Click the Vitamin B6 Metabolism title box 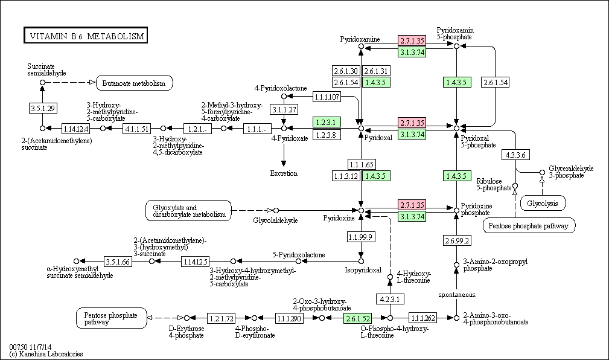coord(86,36)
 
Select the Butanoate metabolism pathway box coord(134,83)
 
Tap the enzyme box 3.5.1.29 coord(43,108)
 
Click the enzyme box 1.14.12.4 coord(75,128)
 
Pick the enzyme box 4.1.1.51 coord(137,128)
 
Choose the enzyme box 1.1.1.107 coord(327,97)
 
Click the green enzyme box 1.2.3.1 coord(327,123)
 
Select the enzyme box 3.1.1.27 coord(284,110)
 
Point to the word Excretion coord(284,173)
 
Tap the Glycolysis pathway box coord(543,203)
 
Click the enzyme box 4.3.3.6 coord(515,155)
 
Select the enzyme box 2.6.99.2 coord(457,240)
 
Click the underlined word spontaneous coord(457,295)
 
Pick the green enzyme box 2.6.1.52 coord(358,318)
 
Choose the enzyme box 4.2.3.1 coord(391,299)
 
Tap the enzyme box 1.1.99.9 coord(361,236)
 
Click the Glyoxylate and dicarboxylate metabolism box coord(189,211)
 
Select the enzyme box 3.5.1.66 coord(118,262)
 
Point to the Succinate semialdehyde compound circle coord(43,82)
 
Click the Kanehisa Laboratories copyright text coord(46,354)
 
